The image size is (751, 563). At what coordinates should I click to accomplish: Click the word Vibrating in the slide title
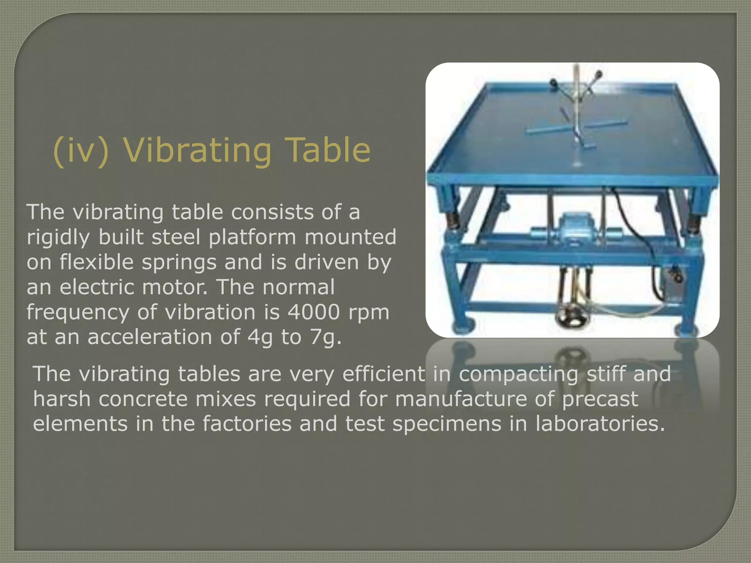[197, 150]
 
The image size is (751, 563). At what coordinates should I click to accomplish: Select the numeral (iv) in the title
[81, 150]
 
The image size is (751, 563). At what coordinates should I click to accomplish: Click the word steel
[176, 237]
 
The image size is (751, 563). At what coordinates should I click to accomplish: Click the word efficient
[384, 374]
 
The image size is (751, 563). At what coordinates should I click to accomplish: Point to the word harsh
[62, 399]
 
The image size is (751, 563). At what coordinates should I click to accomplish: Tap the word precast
[600, 400]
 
